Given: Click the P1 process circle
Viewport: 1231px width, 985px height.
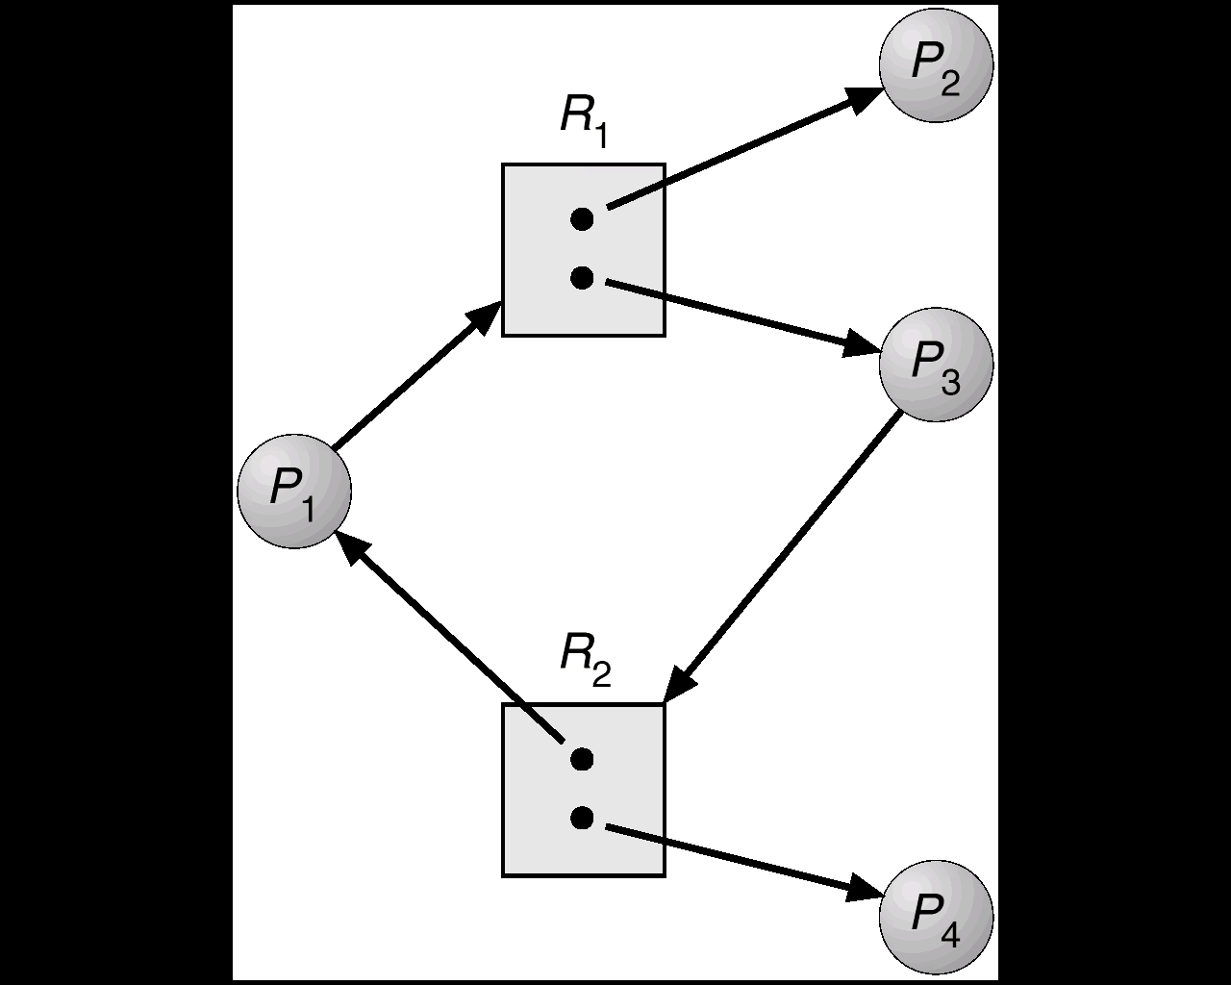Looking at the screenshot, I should [294, 491].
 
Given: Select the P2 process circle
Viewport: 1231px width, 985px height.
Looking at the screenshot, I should [936, 64].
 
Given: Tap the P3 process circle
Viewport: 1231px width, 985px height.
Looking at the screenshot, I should [936, 365].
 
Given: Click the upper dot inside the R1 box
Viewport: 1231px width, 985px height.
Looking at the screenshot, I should [581, 219].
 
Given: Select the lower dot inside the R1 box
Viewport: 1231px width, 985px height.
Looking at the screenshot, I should [581, 278].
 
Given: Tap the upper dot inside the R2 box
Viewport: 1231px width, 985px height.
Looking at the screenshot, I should [581, 759].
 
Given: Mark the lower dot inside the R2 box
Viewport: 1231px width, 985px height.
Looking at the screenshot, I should [581, 818].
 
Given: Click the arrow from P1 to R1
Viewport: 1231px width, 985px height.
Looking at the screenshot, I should [409, 381].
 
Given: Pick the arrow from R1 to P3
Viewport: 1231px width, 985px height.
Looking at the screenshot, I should [731, 314].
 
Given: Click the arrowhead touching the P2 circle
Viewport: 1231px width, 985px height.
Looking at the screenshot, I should [865, 96].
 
